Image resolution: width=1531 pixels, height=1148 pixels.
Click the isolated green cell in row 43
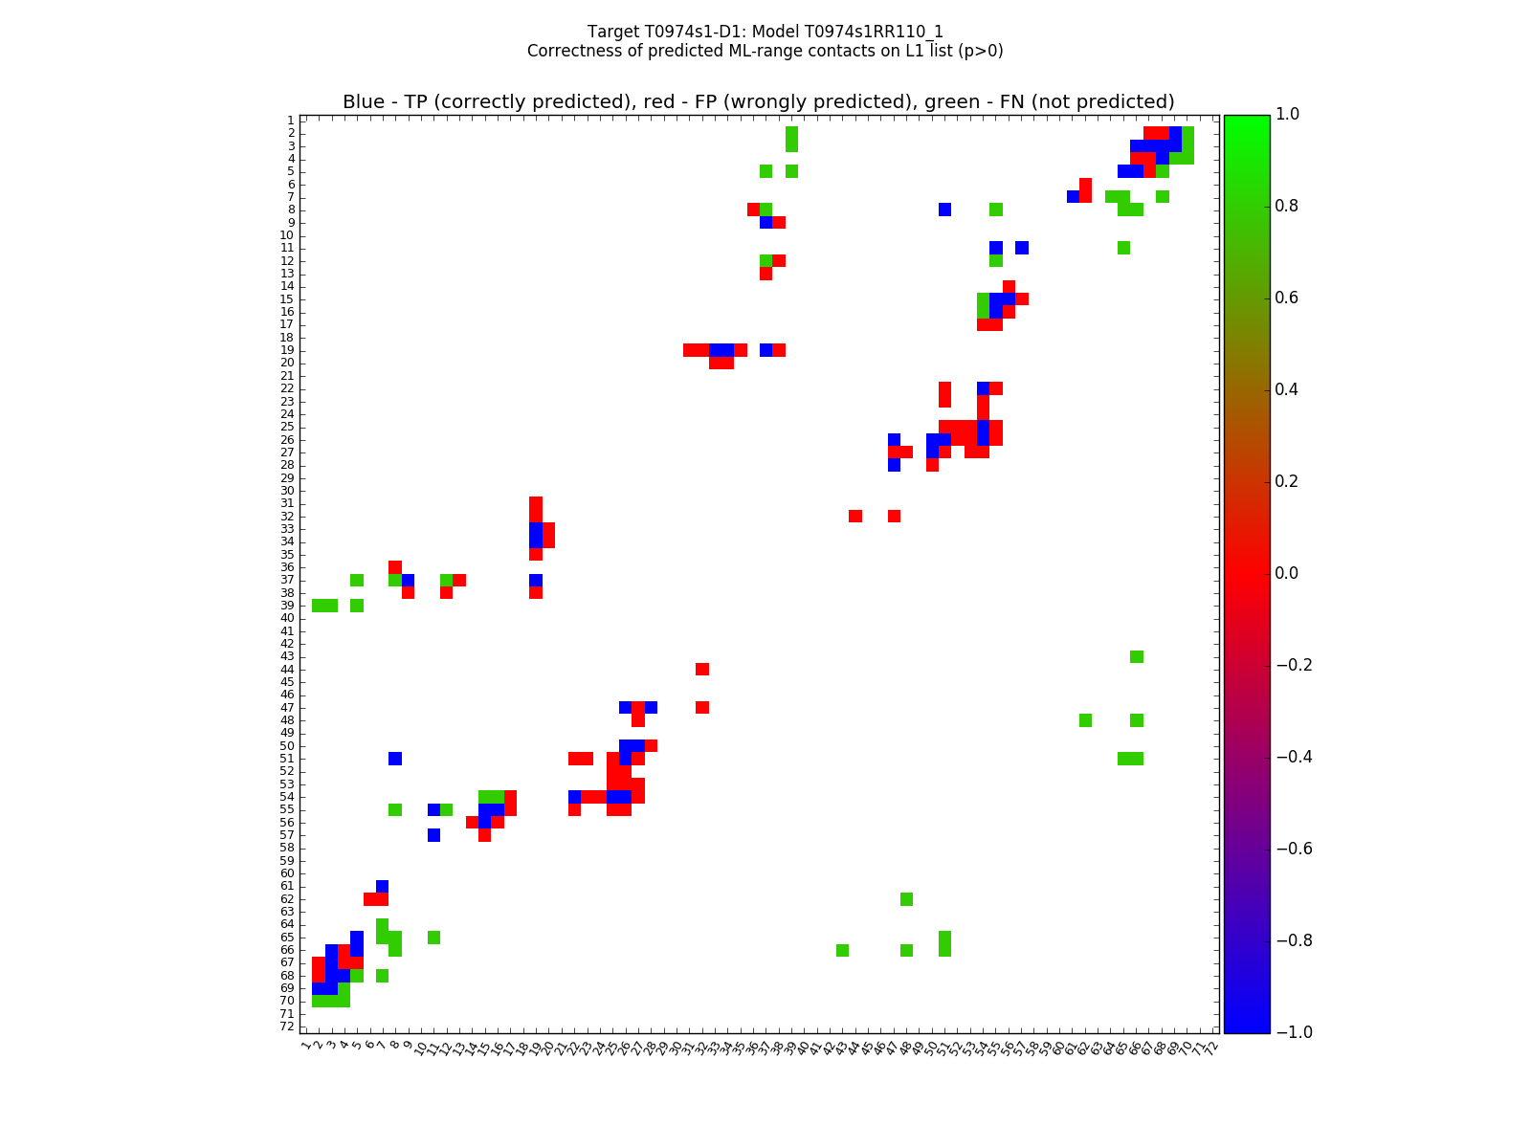click(1136, 656)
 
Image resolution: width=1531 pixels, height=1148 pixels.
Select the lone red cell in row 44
click(702, 669)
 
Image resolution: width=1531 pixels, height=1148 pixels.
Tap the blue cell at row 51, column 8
click(395, 759)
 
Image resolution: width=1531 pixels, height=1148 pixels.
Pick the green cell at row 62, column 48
click(906, 899)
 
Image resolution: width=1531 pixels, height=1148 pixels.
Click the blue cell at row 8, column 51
click(944, 210)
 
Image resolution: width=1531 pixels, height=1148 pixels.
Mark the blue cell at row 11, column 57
click(1022, 248)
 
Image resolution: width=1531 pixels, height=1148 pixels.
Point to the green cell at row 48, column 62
click(1085, 720)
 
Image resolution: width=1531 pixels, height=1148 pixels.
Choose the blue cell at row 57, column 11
click(433, 835)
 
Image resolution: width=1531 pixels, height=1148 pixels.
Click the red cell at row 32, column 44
click(855, 516)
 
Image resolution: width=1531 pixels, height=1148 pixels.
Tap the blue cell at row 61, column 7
click(383, 886)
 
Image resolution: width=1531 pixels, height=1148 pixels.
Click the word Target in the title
click(613, 32)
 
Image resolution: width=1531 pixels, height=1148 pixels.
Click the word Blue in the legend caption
click(364, 102)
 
